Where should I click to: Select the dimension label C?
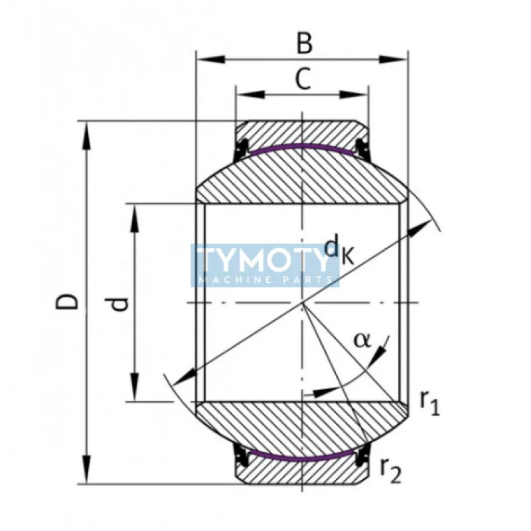(x=303, y=80)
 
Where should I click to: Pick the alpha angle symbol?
(x=362, y=340)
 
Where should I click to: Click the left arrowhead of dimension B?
(x=206, y=60)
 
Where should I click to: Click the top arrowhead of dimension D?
(x=86, y=132)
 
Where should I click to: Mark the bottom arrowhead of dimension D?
(x=86, y=473)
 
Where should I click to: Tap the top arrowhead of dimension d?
(x=135, y=214)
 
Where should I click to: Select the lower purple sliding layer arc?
(x=302, y=457)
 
